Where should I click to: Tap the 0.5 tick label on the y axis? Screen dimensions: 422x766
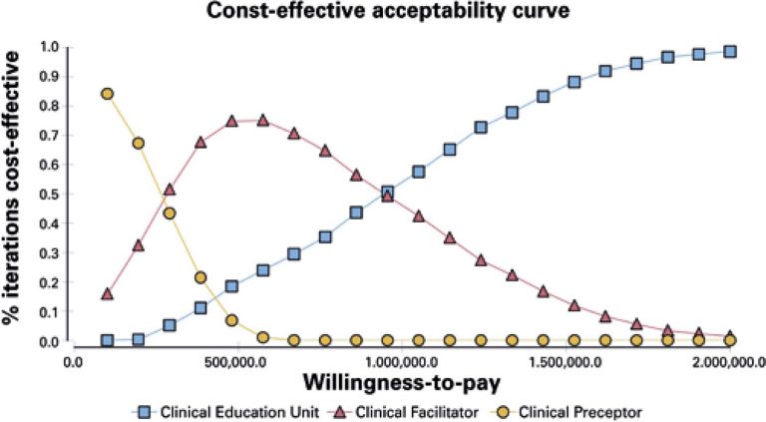[x=47, y=194]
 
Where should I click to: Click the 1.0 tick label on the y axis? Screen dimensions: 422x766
[x=47, y=46]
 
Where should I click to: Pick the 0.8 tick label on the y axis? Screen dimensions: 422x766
[x=47, y=105]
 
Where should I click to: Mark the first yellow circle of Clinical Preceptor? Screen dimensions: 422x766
[x=107, y=94]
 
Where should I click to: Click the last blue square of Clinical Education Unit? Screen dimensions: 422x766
[x=730, y=52]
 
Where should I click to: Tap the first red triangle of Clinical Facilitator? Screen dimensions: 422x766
[x=107, y=293]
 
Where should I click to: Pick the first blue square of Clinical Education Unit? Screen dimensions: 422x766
[x=107, y=340]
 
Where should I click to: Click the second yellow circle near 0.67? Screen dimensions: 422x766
[x=139, y=143]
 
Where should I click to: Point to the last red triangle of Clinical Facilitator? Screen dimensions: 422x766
[x=730, y=336]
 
